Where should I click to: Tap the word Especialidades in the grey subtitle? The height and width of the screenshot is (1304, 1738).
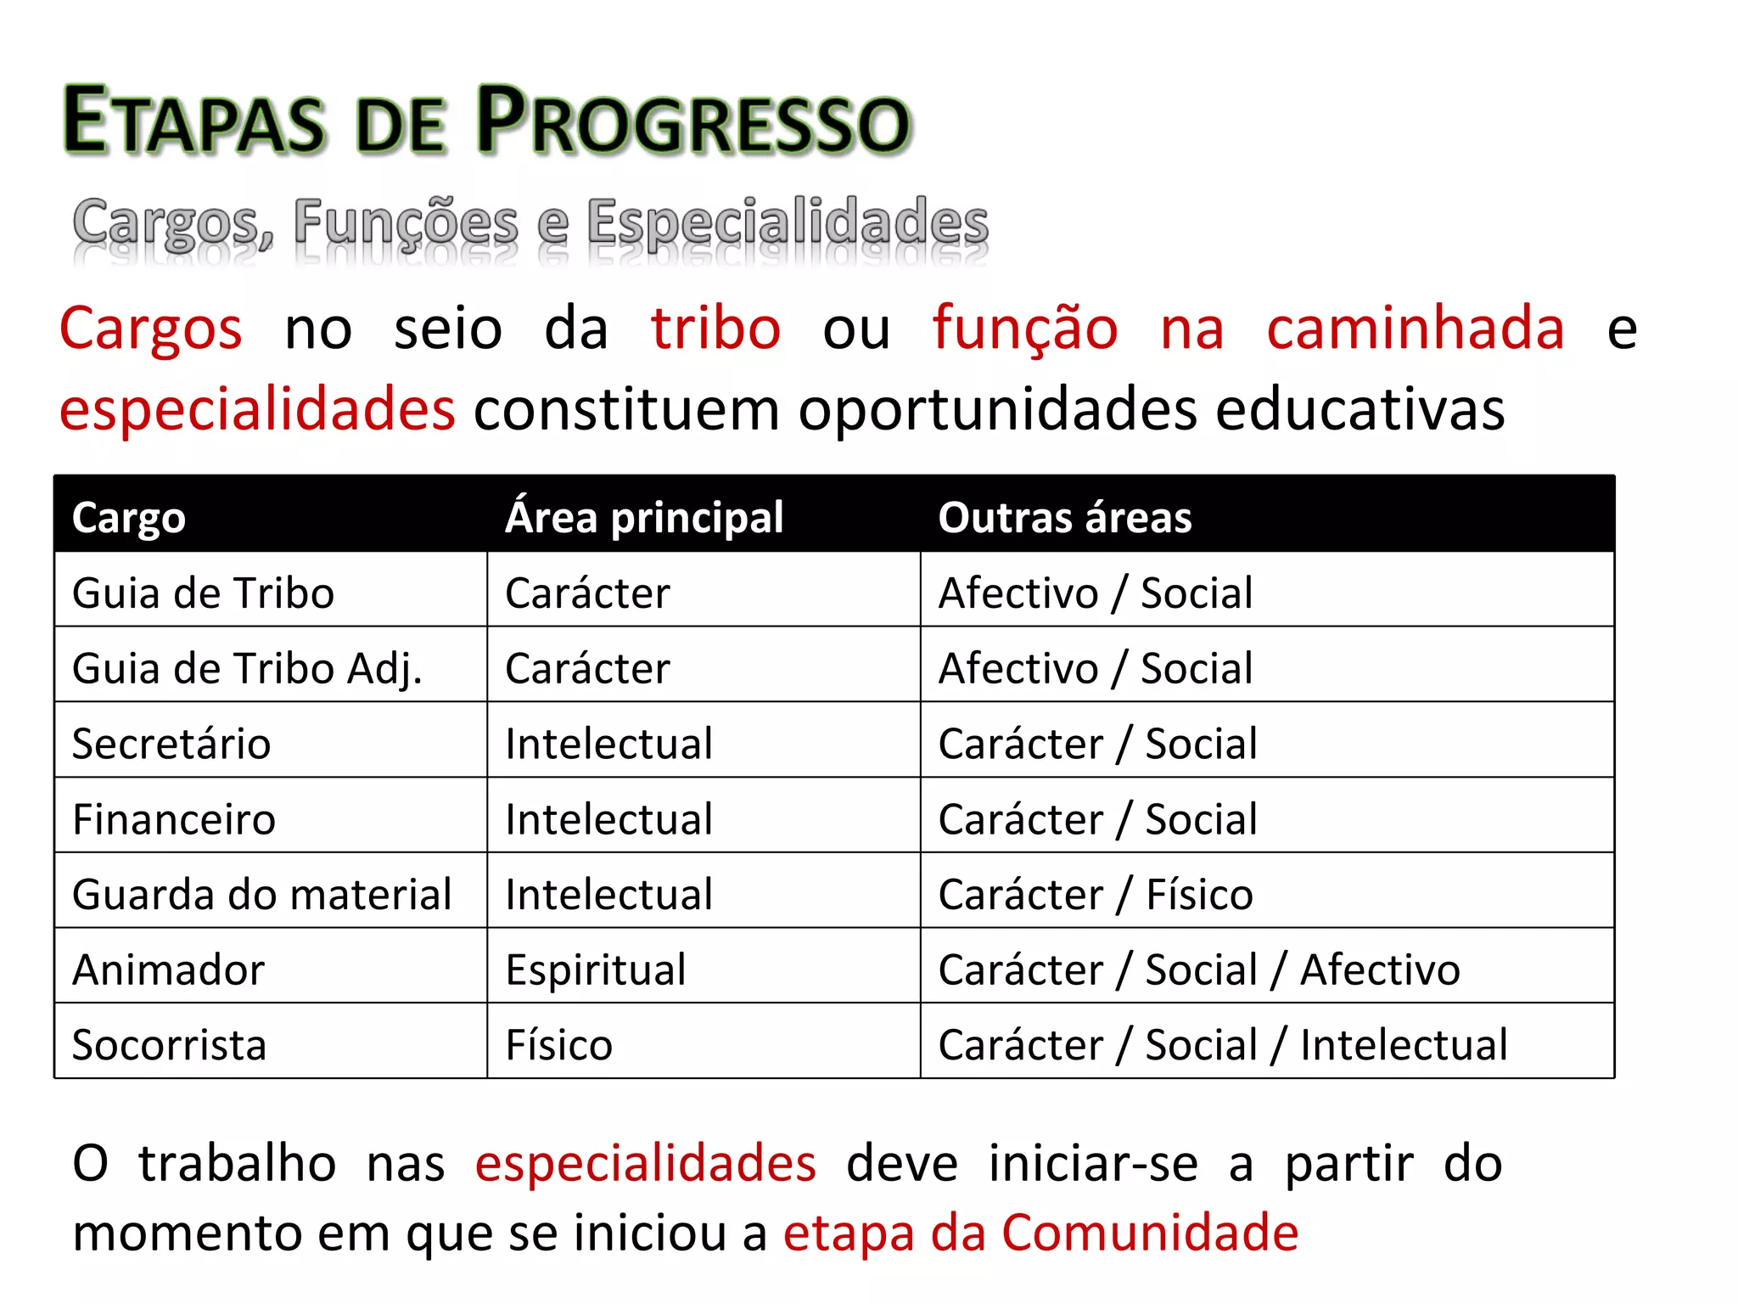[x=788, y=222]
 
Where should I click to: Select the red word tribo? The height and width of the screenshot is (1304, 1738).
[x=715, y=329]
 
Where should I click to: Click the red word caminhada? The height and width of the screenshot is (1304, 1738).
[x=1415, y=329]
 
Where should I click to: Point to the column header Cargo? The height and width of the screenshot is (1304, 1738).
[x=129, y=517]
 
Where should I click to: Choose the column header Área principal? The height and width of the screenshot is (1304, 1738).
[x=644, y=517]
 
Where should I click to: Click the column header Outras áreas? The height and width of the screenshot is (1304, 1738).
[x=1065, y=517]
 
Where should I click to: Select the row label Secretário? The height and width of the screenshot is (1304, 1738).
[x=171, y=744]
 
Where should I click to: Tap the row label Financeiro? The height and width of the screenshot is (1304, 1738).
[x=174, y=819]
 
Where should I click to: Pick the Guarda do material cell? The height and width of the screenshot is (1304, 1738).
[x=261, y=895]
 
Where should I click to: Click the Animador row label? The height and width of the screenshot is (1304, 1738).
[x=169, y=970]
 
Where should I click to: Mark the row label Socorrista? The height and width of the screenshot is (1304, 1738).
[x=170, y=1045]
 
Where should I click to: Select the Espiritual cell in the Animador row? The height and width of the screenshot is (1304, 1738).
[x=596, y=970]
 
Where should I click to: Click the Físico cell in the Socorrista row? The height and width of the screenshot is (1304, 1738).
[x=558, y=1045]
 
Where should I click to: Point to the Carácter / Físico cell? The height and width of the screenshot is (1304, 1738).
[x=1096, y=895]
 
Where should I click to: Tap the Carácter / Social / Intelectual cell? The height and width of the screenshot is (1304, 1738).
[x=1223, y=1045]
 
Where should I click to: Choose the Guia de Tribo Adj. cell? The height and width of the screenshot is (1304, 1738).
[x=247, y=669]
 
